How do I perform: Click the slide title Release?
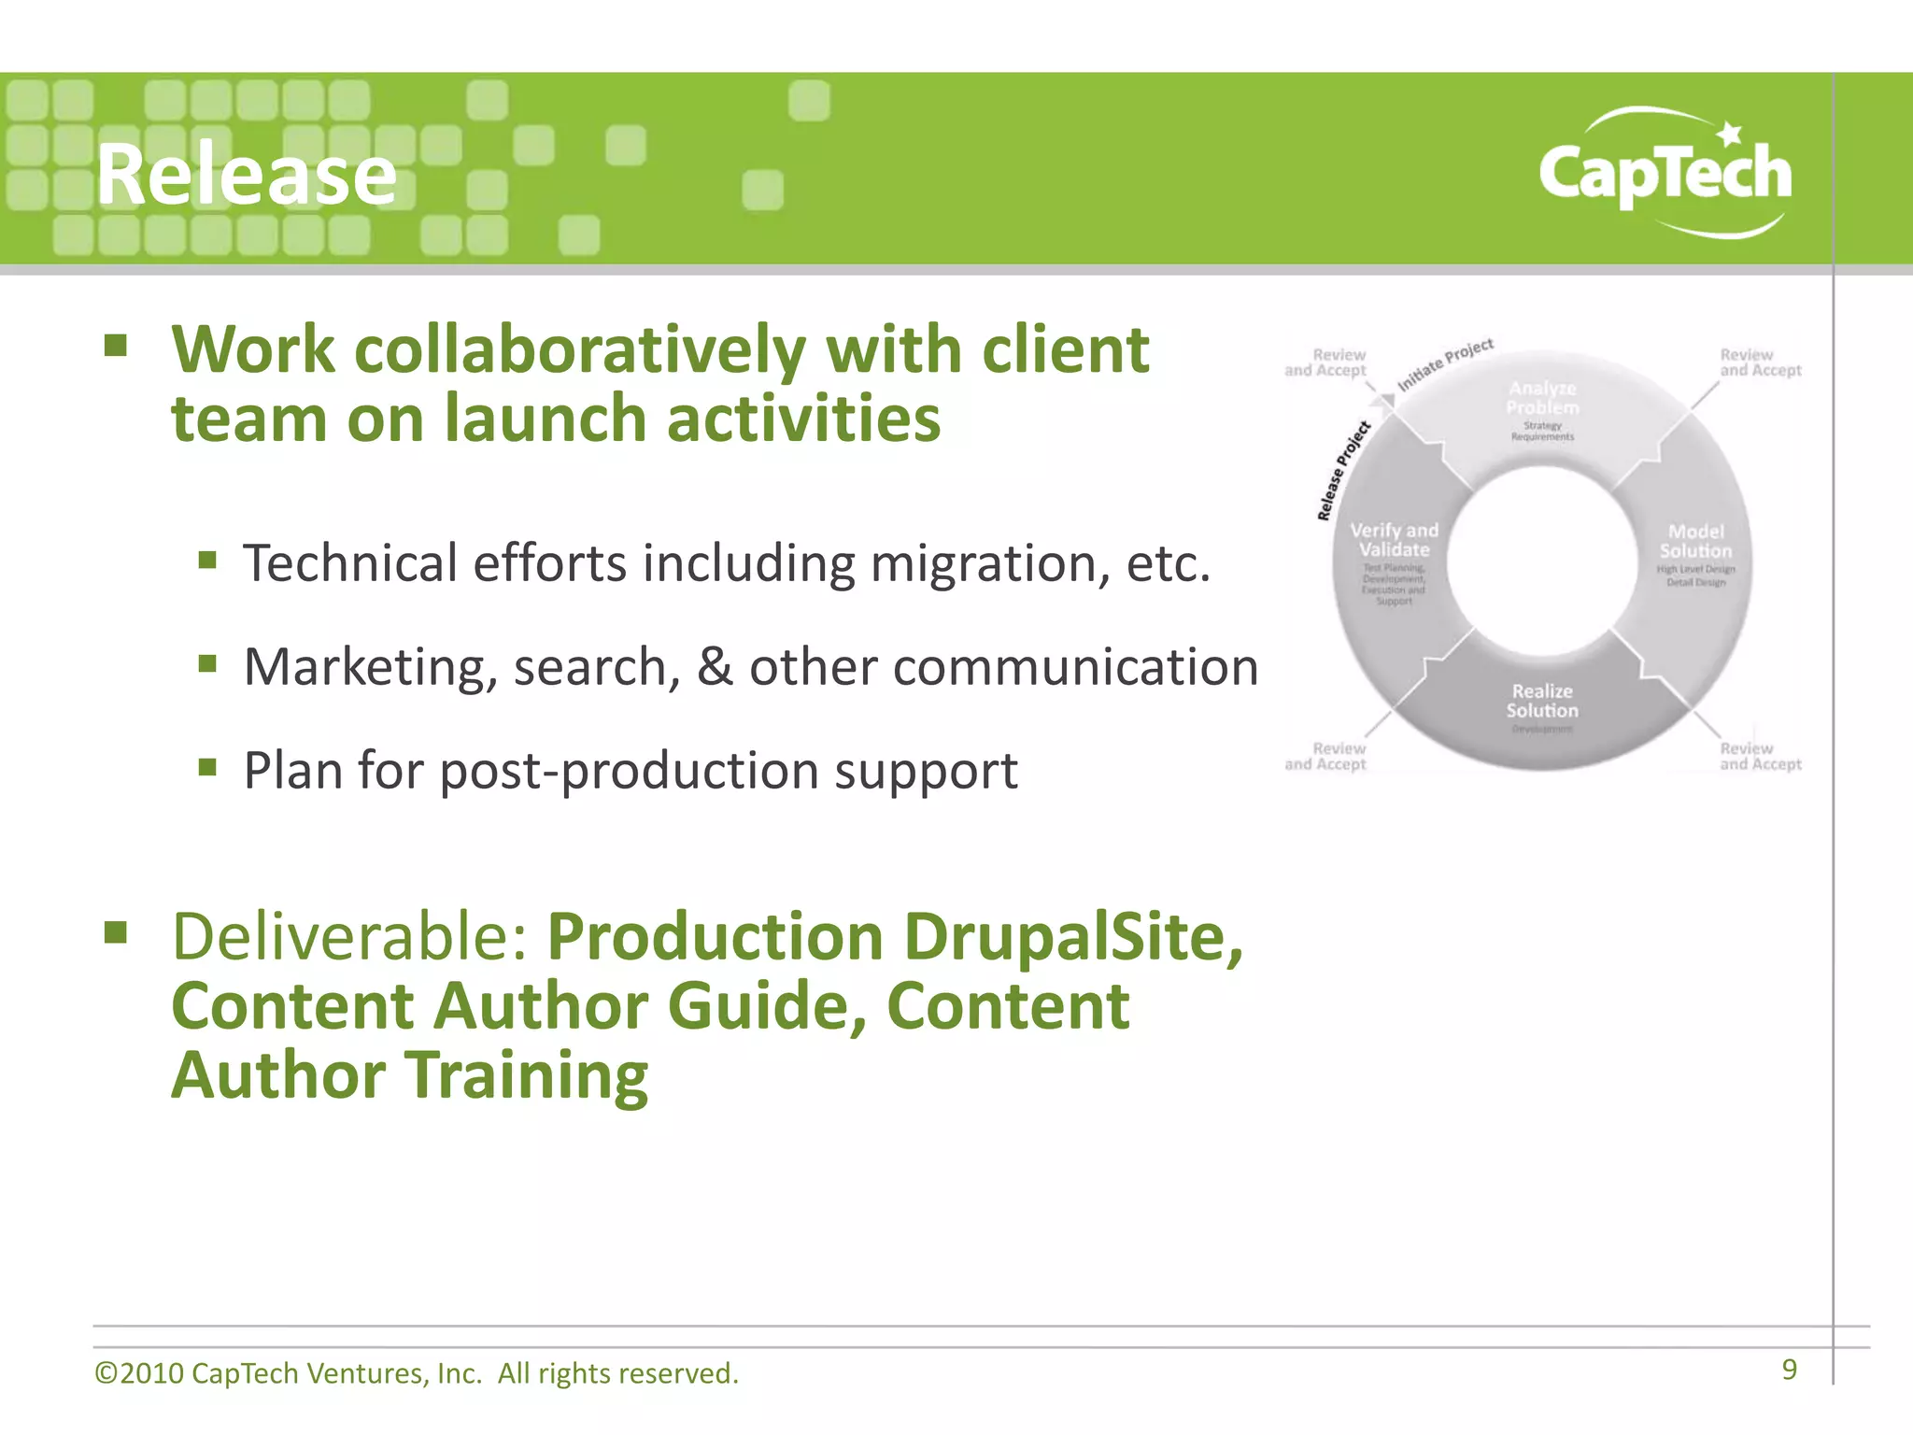[x=247, y=175]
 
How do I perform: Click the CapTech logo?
[x=1665, y=174]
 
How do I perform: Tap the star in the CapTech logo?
[x=1730, y=135]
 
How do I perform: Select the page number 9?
[x=1789, y=1370]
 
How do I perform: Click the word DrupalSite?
[x=1072, y=936]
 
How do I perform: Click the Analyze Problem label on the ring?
[x=1542, y=398]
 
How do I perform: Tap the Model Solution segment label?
[x=1695, y=542]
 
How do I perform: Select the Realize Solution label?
[x=1542, y=701]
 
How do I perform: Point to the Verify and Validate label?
[x=1394, y=540]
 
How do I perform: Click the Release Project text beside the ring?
[x=1342, y=471]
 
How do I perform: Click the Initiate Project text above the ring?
[x=1445, y=364]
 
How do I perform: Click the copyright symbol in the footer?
[x=106, y=1373]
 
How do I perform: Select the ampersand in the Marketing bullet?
[x=715, y=667]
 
